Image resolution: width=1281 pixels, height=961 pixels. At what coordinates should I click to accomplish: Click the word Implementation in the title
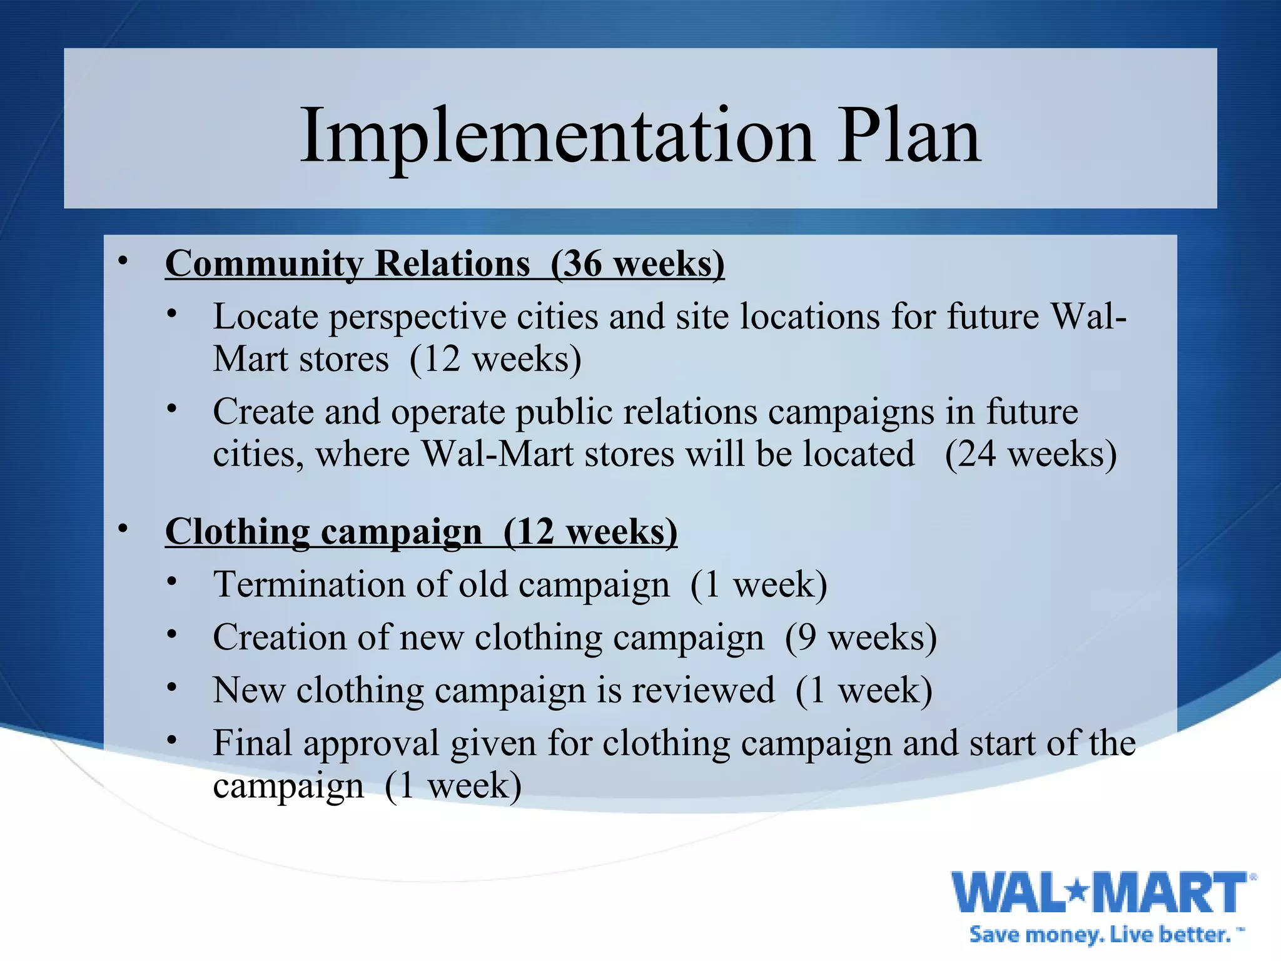pyautogui.click(x=557, y=136)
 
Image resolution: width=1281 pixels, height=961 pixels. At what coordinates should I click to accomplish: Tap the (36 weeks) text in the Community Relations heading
pyautogui.click(x=637, y=263)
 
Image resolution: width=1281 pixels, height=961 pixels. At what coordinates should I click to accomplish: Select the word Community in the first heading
pyautogui.click(x=263, y=263)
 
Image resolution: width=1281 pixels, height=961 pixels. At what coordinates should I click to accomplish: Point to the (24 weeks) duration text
pyautogui.click(x=1030, y=454)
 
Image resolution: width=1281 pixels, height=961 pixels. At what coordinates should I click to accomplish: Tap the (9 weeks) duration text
pyautogui.click(x=861, y=638)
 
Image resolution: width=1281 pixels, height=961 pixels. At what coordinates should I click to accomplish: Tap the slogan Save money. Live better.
pyautogui.click(x=1104, y=935)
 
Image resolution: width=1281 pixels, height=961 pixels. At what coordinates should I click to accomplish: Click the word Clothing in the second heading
pyautogui.click(x=237, y=532)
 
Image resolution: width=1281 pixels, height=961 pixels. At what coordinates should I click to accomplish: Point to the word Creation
pyautogui.click(x=280, y=638)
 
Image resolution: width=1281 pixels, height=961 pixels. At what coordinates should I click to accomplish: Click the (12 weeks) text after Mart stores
pyautogui.click(x=495, y=359)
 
